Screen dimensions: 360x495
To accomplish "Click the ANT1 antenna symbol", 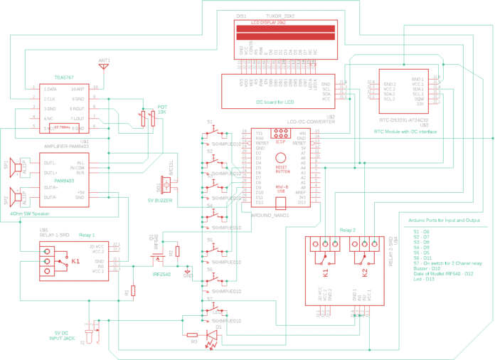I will click(x=104, y=65).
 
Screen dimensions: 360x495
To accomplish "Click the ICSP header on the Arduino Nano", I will click(x=281, y=142).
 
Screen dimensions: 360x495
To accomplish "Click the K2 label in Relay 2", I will click(x=365, y=272).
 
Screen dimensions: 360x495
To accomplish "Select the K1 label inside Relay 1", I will click(x=75, y=261).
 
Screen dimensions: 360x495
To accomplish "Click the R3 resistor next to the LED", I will click(x=192, y=334).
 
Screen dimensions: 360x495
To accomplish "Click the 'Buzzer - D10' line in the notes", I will click(x=428, y=268).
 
